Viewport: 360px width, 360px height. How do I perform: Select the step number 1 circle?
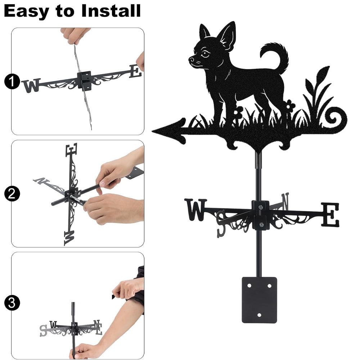point(12,81)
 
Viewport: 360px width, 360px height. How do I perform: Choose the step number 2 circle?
point(12,194)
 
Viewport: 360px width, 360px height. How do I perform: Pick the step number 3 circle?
point(12,303)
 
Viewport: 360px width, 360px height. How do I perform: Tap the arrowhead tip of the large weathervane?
point(152,131)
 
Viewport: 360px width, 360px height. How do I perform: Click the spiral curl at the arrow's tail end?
point(336,118)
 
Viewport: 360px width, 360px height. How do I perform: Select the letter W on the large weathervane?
point(196,210)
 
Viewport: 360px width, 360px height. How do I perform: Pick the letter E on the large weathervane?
point(330,215)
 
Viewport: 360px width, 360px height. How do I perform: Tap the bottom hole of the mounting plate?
point(259,315)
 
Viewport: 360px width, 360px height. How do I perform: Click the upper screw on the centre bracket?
point(261,208)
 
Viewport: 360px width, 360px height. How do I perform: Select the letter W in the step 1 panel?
point(31,85)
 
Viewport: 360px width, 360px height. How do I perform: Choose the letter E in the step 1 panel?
point(135,71)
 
